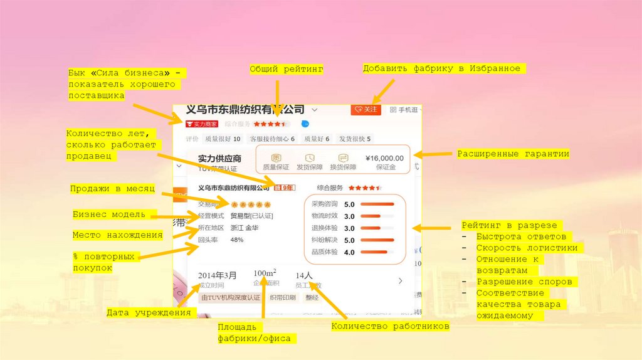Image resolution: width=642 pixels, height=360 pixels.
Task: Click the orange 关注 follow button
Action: pyautogui.click(x=366, y=110)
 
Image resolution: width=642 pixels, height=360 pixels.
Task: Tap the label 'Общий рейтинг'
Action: pyautogui.click(x=286, y=70)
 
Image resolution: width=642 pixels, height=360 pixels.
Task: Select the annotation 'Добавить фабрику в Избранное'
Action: pyautogui.click(x=441, y=68)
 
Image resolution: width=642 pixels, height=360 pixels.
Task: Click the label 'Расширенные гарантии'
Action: pyautogui.click(x=513, y=154)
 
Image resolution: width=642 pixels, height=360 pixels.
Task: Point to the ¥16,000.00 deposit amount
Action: pyautogui.click(x=384, y=158)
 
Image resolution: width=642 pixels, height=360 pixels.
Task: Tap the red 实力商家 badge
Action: pyautogui.click(x=201, y=124)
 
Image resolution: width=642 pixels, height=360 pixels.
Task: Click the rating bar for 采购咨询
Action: pyautogui.click(x=377, y=204)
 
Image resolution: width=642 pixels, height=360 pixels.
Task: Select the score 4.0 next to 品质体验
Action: pyautogui.click(x=349, y=252)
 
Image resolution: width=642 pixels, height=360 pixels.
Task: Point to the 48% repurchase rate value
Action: pyautogui.click(x=237, y=240)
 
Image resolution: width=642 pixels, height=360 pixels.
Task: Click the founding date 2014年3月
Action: pyautogui.click(x=218, y=275)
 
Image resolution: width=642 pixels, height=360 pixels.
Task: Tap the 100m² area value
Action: pyautogui.click(x=265, y=273)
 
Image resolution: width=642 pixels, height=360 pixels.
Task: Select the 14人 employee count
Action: pyautogui.click(x=303, y=275)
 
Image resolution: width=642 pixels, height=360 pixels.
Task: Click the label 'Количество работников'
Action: pyautogui.click(x=390, y=326)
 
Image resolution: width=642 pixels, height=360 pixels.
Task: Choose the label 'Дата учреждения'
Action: pyautogui.click(x=148, y=312)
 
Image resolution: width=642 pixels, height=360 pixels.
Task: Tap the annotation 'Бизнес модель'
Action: pyautogui.click(x=109, y=214)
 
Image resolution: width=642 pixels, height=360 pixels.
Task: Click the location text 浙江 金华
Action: pyautogui.click(x=245, y=228)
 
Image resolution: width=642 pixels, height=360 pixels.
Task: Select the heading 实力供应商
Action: pyautogui.click(x=219, y=159)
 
